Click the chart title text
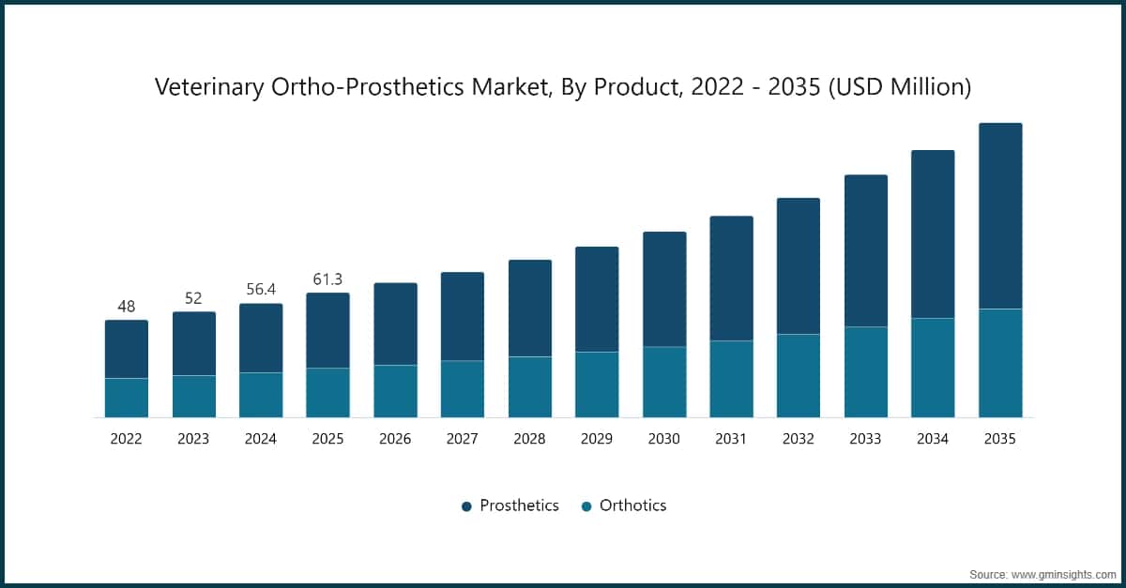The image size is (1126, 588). (x=563, y=87)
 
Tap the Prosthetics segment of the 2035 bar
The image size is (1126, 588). (x=1000, y=216)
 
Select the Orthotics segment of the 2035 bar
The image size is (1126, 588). (x=1000, y=363)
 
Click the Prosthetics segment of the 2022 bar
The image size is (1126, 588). (x=127, y=349)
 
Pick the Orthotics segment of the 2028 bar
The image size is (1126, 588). (x=530, y=386)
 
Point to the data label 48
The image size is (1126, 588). (x=127, y=307)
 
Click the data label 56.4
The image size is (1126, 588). (x=261, y=290)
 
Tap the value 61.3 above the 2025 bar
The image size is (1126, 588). (x=327, y=279)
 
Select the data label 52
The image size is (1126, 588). (x=193, y=298)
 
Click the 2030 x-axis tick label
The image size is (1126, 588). (x=664, y=439)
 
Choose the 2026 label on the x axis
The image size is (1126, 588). (x=395, y=439)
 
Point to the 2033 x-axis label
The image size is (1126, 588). (x=866, y=439)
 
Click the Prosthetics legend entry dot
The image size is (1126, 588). (x=466, y=506)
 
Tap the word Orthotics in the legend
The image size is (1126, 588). (x=632, y=505)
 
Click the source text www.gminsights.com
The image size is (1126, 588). (x=1064, y=573)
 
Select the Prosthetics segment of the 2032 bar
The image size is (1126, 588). (x=799, y=266)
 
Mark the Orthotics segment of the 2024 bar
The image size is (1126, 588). (x=261, y=395)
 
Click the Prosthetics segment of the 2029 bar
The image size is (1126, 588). (x=597, y=299)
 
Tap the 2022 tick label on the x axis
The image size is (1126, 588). (x=127, y=439)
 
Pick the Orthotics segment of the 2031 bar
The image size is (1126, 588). (x=731, y=379)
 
